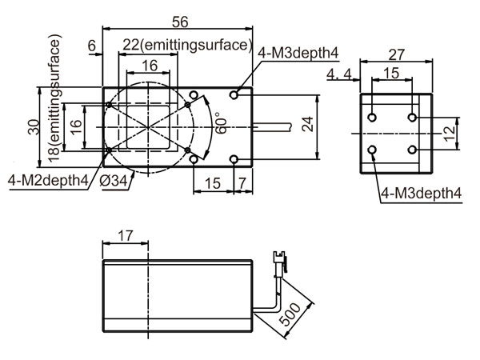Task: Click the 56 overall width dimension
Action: coord(180,22)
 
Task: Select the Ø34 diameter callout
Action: coord(113,181)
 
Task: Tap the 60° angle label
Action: coord(222,123)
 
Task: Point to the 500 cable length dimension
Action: coord(290,314)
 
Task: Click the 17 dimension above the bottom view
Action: coord(126,236)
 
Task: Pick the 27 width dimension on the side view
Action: coord(397,54)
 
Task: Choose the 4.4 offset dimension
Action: coord(339,74)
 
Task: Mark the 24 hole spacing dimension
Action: coord(307,124)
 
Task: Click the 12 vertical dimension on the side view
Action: coord(449,134)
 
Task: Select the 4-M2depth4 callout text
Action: coord(48,180)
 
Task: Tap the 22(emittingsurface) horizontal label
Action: coord(187,45)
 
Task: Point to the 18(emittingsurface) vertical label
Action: coord(54,98)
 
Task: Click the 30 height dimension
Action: coord(34,126)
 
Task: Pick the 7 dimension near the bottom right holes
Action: coord(242,183)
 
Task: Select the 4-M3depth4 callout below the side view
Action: coord(421,194)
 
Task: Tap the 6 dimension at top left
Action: coord(92,46)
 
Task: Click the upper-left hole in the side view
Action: coord(372,118)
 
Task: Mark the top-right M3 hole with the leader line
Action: coord(234,95)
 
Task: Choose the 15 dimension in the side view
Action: coord(391,73)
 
